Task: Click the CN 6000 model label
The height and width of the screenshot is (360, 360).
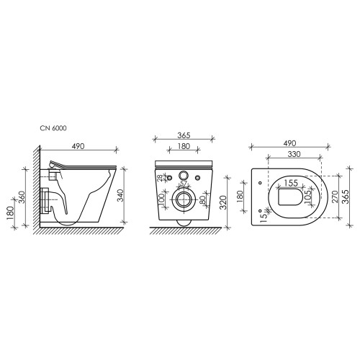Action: click(53, 128)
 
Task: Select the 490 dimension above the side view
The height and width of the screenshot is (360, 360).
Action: click(78, 146)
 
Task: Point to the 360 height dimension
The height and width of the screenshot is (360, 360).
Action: click(22, 197)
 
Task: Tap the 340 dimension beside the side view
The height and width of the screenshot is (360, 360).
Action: click(120, 195)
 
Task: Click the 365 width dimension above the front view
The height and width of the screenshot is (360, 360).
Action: click(184, 135)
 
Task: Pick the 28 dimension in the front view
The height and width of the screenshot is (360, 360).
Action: click(160, 178)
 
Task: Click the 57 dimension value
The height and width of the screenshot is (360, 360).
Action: click(184, 183)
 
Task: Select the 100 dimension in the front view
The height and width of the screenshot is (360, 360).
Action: click(162, 199)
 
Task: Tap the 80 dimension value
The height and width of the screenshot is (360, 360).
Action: click(202, 199)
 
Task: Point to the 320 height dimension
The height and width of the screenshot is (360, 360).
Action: click(223, 202)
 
